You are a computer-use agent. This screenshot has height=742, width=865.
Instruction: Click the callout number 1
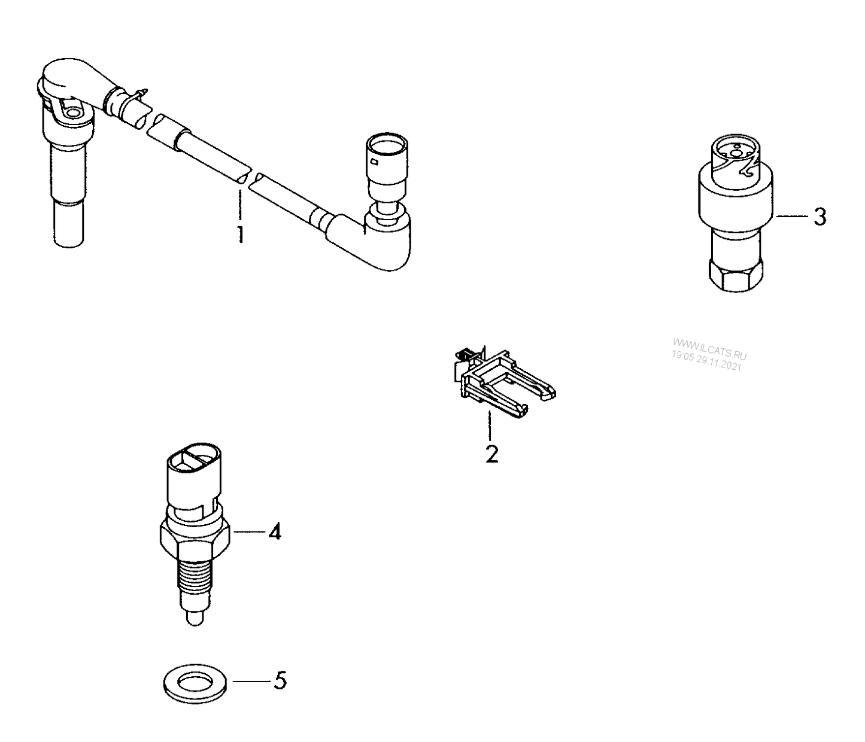point(240,234)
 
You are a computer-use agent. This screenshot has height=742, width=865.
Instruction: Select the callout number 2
point(491,454)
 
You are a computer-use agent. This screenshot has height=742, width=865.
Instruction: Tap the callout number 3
point(820,217)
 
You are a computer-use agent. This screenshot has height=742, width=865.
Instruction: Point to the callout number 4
point(274,531)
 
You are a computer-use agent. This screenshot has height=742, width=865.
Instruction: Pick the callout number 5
point(280,681)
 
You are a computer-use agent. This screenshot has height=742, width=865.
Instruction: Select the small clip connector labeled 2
point(503,380)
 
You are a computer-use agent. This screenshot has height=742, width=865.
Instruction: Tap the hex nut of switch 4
point(195,536)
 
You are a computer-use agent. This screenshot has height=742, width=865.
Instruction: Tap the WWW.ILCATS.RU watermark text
point(710,347)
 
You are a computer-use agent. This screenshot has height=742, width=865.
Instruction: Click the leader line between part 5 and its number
point(251,681)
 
